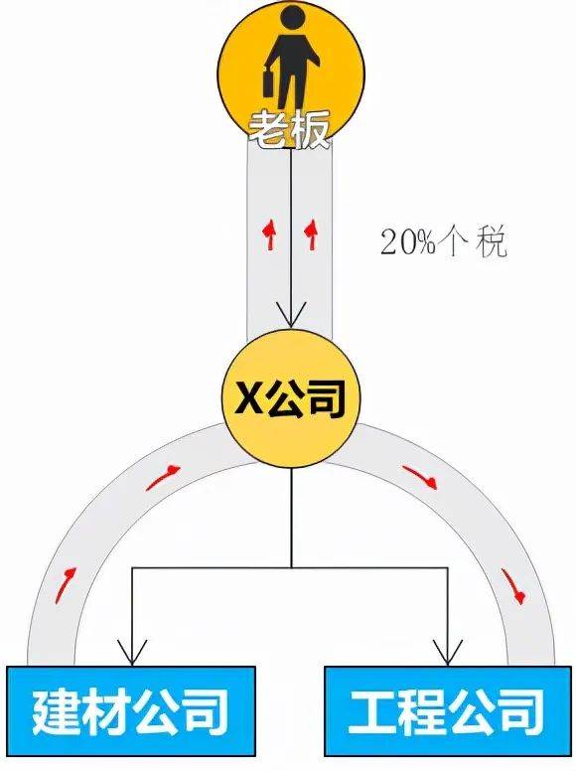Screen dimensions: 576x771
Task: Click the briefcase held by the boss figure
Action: (x=270, y=83)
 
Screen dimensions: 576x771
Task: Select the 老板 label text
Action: (x=288, y=130)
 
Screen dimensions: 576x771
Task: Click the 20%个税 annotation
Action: (x=443, y=241)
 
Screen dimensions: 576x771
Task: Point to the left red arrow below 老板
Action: (x=269, y=234)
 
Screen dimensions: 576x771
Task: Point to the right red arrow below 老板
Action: (x=311, y=234)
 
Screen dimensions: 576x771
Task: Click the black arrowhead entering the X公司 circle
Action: (x=291, y=315)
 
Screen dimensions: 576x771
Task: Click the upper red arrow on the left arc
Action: (x=164, y=478)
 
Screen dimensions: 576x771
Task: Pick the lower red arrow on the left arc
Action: (x=66, y=584)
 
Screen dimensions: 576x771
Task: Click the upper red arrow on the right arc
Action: (x=420, y=477)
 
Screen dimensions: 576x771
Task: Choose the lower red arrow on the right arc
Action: (x=513, y=585)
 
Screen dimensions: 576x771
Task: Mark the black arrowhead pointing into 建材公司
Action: (x=132, y=653)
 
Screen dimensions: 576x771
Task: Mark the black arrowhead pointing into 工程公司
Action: (x=447, y=653)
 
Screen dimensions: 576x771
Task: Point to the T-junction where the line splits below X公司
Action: (x=291, y=568)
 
